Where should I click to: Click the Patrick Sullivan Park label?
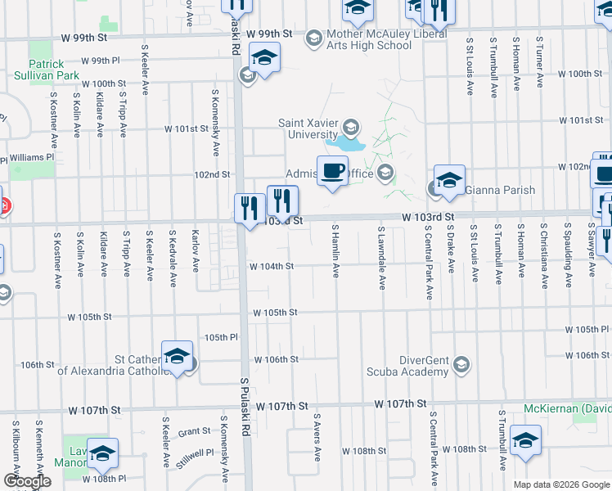click(x=47, y=69)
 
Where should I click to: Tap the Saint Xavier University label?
click(x=308, y=128)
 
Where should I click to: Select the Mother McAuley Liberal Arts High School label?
click(x=369, y=40)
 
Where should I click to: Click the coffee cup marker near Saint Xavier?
click(x=332, y=171)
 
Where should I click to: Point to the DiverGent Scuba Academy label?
click(x=425, y=366)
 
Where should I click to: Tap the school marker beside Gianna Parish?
click(x=449, y=180)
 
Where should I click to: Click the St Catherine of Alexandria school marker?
click(x=177, y=356)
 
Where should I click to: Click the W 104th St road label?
click(x=272, y=266)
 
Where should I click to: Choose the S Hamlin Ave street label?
click(x=335, y=250)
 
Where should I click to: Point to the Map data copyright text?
click(x=562, y=484)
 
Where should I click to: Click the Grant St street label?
click(x=195, y=431)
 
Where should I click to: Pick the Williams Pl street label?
click(x=32, y=157)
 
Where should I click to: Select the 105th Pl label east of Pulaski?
click(x=221, y=337)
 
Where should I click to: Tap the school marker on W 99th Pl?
click(x=265, y=58)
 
